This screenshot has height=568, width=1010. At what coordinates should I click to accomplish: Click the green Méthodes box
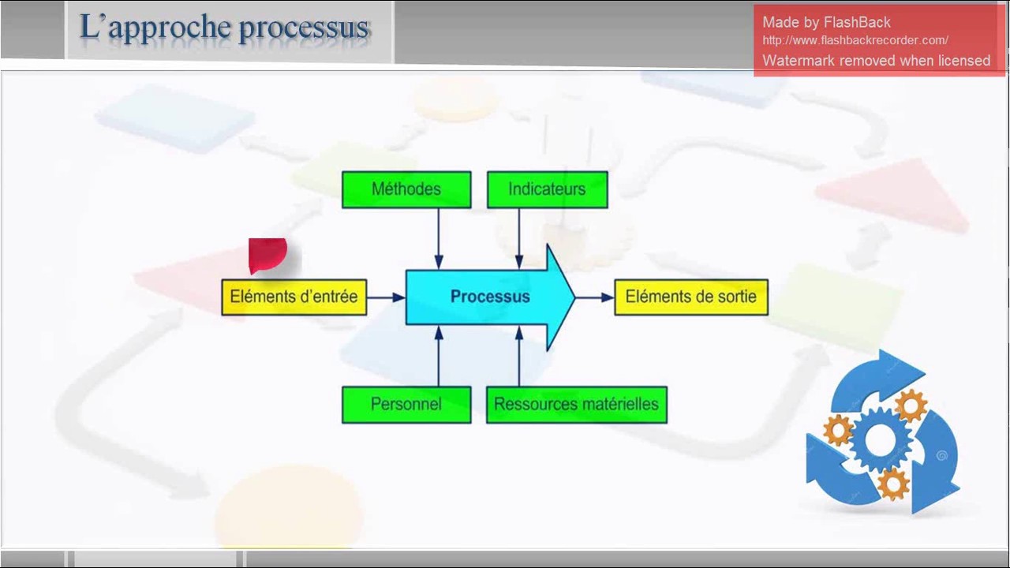click(x=406, y=190)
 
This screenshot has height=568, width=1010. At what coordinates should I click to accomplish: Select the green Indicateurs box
click(x=548, y=190)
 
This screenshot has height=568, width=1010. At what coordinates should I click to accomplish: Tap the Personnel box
click(x=406, y=405)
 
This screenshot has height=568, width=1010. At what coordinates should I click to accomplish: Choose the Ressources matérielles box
click(x=577, y=405)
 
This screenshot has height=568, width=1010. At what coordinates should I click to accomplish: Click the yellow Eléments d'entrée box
click(x=294, y=297)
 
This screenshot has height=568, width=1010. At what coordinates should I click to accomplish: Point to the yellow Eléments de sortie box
click(x=691, y=297)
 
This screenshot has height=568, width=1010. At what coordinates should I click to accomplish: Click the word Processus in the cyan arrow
click(x=490, y=296)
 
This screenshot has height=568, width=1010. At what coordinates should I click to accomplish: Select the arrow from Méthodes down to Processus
click(x=438, y=239)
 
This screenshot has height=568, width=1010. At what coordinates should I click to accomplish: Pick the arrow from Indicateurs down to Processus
click(x=519, y=239)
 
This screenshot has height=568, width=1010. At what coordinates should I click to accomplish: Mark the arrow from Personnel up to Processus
click(x=438, y=356)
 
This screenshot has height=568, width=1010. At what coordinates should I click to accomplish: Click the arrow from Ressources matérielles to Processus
click(x=519, y=356)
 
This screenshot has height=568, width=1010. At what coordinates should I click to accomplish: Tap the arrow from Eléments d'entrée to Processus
click(x=386, y=297)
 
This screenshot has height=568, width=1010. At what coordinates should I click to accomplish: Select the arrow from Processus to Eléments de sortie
click(x=595, y=297)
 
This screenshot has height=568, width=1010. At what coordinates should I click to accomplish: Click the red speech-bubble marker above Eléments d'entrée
click(x=267, y=255)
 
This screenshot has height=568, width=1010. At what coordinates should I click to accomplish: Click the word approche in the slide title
click(x=170, y=28)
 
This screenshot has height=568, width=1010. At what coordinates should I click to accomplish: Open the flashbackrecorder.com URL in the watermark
click(x=855, y=40)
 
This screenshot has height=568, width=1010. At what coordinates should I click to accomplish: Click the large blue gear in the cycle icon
click(x=879, y=439)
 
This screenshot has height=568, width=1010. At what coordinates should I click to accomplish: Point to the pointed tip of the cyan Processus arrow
click(x=575, y=297)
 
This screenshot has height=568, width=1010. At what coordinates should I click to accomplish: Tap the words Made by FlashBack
click(x=826, y=22)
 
